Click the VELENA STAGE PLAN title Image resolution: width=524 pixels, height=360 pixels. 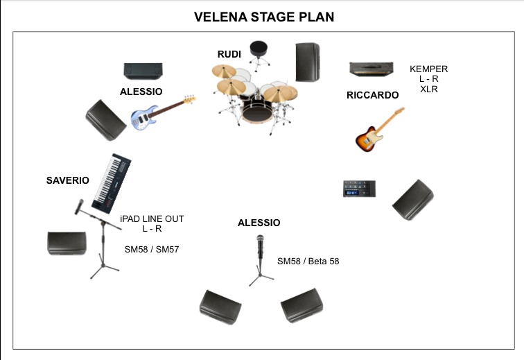click(264, 17)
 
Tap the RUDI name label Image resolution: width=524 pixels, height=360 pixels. click(229, 54)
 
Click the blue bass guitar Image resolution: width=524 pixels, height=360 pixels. click(163, 113)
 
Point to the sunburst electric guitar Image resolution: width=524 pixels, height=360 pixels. click(380, 130)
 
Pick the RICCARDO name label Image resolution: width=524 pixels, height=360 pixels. click(373, 95)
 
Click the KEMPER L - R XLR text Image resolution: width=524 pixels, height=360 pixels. click(429, 79)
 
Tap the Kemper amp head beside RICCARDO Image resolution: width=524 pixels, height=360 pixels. click(372, 69)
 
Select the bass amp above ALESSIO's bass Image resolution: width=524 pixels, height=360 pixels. click(143, 71)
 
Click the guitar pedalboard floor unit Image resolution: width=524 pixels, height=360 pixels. click(359, 189)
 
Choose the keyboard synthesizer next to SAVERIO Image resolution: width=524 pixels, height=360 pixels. click(112, 183)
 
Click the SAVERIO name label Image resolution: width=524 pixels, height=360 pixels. click(67, 180)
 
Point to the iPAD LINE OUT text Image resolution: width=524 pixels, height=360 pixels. click(152, 218)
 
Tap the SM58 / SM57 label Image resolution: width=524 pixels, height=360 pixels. click(152, 250)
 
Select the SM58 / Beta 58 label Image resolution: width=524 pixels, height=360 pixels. click(308, 262)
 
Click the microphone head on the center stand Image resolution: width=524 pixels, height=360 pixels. click(260, 239)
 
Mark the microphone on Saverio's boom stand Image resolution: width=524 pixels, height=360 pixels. click(79, 207)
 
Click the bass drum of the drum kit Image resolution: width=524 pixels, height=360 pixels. click(257, 111)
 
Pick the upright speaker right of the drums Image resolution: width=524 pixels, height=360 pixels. click(308, 62)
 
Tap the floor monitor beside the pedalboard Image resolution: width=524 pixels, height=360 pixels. click(413, 200)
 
